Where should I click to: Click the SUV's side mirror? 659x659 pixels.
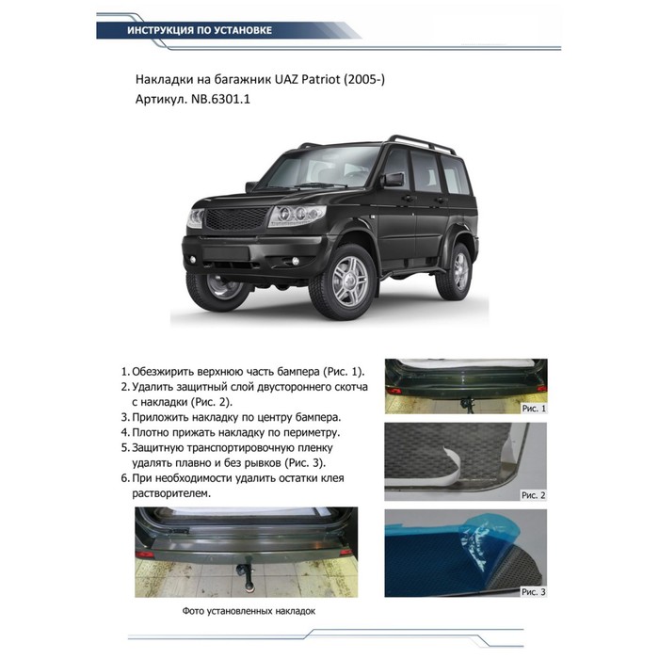coord(392,179)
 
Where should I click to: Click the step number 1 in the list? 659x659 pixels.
coord(126,371)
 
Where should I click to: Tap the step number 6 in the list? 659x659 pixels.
coord(126,478)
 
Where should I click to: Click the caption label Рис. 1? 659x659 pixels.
coord(532,409)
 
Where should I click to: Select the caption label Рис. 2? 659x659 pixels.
coord(532,494)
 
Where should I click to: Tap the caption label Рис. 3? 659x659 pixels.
coord(532,591)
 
